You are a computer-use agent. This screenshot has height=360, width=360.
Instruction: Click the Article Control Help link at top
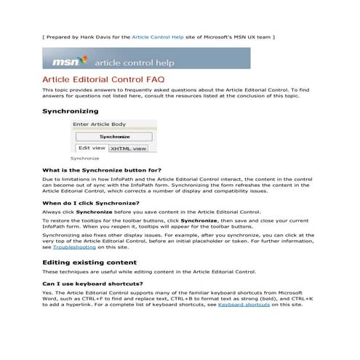click(156, 35)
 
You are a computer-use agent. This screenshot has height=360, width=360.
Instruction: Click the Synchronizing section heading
click(70, 111)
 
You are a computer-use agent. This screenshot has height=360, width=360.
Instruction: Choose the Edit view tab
click(91, 148)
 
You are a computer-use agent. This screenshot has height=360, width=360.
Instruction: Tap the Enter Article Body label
click(99, 124)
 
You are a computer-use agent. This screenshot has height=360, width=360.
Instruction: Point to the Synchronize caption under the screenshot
click(84, 158)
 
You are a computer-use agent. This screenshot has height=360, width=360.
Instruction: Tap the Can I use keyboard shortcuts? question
click(92, 283)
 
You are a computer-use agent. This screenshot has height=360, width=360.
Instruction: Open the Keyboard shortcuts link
click(244, 305)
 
